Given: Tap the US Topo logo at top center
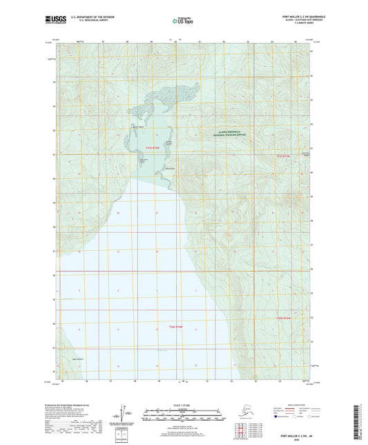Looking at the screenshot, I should tap(182, 21).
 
